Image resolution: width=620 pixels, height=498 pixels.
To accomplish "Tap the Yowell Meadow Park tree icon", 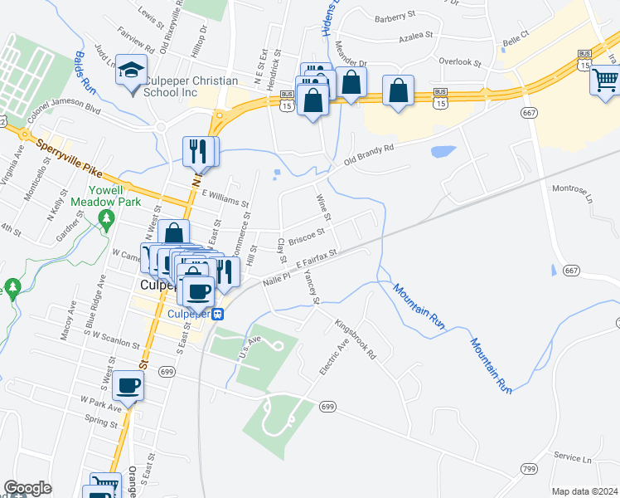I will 105,218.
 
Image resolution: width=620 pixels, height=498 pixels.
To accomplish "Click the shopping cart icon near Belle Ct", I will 604,80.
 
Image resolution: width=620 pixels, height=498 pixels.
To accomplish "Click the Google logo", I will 27,488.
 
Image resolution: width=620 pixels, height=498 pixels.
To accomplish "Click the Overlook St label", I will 460,62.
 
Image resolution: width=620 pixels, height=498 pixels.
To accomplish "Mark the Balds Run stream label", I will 86,67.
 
